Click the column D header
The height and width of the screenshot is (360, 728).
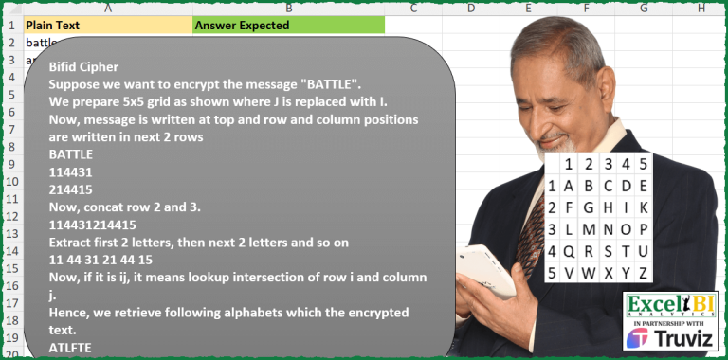pyautogui.click(x=470, y=9)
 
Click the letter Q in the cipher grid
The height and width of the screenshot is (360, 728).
pyautogui.click(x=568, y=252)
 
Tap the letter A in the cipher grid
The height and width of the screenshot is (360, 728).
pyautogui.click(x=568, y=187)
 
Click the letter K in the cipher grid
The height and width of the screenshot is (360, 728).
pyautogui.click(x=644, y=208)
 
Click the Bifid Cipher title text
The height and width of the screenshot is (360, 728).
pyautogui.click(x=84, y=68)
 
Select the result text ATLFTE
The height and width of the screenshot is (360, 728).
pyautogui.click(x=71, y=349)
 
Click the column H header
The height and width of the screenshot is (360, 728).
pyautogui.click(x=701, y=9)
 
